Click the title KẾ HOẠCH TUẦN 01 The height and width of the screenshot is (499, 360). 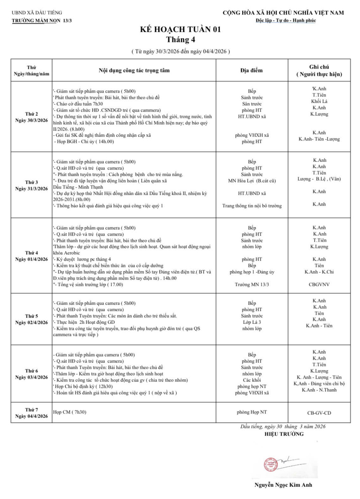[x=180, y=29]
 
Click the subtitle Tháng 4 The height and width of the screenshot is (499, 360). [x=180, y=40]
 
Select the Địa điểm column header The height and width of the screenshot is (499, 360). [x=251, y=70]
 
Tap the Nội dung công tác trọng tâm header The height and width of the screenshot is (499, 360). [x=134, y=70]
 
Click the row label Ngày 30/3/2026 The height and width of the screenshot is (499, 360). [x=32, y=120]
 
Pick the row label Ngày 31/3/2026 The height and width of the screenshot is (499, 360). [x=32, y=189]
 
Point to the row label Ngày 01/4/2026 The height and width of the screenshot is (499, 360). [x=32, y=259]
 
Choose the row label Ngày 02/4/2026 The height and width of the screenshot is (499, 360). [x=32, y=322]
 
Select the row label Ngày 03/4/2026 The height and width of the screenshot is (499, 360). [x=32, y=377]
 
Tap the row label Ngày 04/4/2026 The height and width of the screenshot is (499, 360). [x=32, y=416]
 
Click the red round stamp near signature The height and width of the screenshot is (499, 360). [x=271, y=464]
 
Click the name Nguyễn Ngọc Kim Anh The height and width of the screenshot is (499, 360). [x=283, y=485]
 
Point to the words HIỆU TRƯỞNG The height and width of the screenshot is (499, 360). [x=284, y=434]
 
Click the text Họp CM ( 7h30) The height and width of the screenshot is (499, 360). [x=70, y=412]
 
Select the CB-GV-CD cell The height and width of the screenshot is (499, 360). [x=319, y=413]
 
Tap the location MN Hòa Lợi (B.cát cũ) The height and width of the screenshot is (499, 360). [x=252, y=181]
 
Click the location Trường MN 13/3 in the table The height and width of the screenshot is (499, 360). [x=252, y=284]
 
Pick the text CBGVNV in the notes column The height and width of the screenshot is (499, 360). [x=319, y=284]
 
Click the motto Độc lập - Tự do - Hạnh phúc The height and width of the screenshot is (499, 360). [x=286, y=20]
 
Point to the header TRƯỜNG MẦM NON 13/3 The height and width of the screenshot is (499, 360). [x=42, y=20]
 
